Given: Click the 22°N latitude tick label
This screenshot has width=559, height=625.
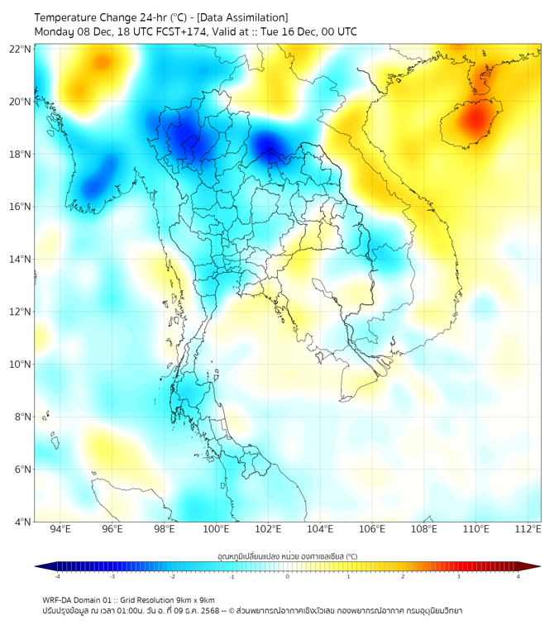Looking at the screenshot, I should point(21,49).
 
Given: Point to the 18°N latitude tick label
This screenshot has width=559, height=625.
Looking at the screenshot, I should point(21,154).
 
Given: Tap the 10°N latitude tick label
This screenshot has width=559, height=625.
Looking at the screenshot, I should point(21,364).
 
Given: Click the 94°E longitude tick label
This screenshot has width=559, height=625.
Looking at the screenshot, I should point(60,529).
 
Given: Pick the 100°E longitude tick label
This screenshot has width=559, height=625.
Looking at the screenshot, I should point(216,529).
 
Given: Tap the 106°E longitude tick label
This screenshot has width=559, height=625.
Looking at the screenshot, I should point(372,529).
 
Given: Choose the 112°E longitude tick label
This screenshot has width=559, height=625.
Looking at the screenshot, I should point(528,529).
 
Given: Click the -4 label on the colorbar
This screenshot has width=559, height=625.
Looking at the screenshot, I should point(57,576).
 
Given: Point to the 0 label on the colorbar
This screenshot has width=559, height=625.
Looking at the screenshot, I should point(288,576).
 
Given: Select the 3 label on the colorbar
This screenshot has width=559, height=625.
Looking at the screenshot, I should point(460,576).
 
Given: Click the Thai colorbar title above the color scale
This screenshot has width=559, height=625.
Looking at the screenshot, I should point(287,556).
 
